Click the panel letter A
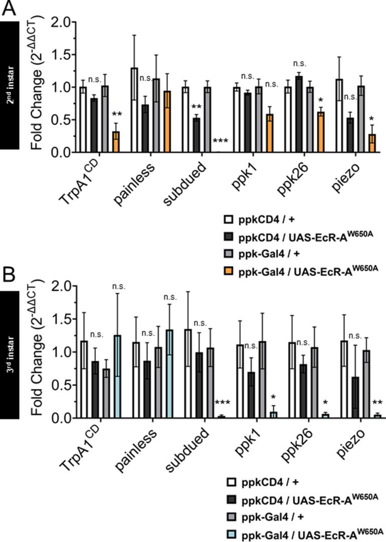[x=9, y=8]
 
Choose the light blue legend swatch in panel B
[x=229, y=530]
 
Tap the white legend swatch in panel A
[x=229, y=218]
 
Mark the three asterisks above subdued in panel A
[x=221, y=142]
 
